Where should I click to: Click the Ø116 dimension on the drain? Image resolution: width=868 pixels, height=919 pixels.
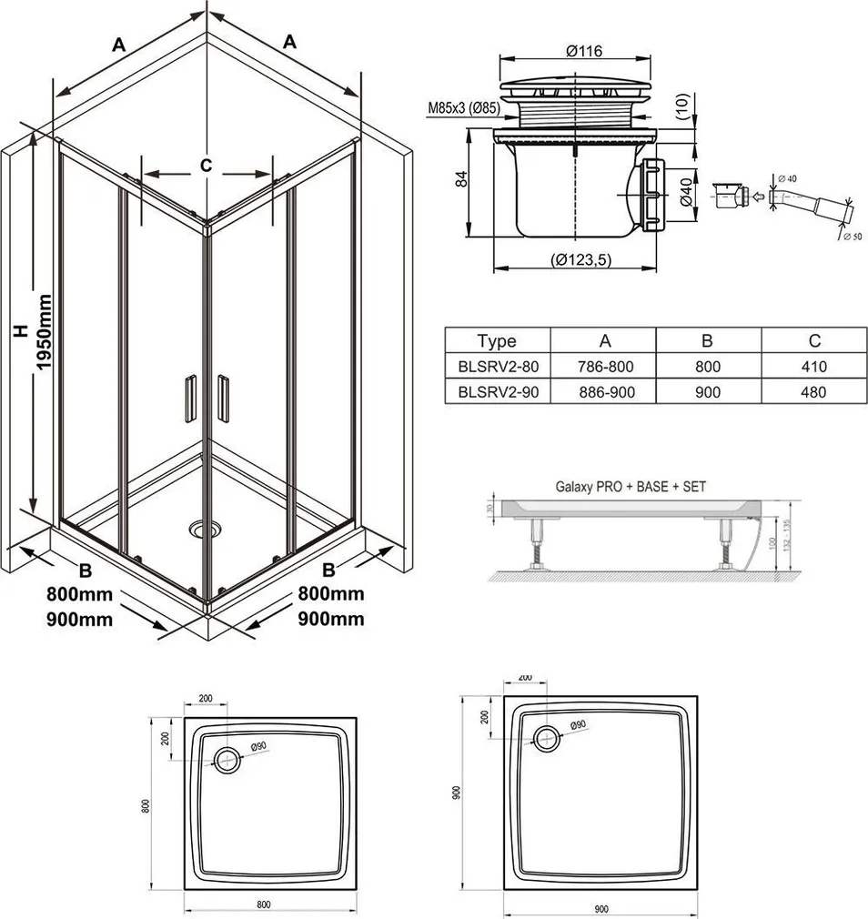point(581,52)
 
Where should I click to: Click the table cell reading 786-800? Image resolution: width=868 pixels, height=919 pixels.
point(604,367)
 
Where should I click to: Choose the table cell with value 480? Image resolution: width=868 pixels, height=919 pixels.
point(813,393)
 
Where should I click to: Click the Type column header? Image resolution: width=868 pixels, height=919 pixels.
point(496,341)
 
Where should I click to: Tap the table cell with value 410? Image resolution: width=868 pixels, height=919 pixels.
point(813,367)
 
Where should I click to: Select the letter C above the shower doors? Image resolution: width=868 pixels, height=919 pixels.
point(207,165)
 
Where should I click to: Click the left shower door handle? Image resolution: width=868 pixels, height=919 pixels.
point(188,398)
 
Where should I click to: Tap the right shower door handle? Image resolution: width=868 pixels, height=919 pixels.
point(223,398)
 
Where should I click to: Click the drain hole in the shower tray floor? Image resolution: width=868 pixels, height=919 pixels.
point(200,528)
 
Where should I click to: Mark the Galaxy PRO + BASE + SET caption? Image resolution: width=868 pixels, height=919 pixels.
point(631,487)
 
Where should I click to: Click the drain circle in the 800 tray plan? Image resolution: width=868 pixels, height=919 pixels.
point(227,757)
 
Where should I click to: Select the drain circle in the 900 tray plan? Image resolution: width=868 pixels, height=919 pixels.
point(547,738)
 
